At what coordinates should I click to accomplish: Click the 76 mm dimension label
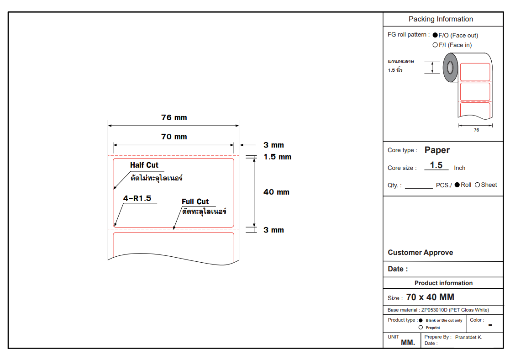(174, 117)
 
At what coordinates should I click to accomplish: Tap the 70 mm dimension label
(174, 137)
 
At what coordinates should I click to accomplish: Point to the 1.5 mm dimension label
(277, 157)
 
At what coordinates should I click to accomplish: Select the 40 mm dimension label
(276, 192)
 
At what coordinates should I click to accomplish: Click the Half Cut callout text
(144, 165)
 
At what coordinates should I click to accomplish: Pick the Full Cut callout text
(195, 201)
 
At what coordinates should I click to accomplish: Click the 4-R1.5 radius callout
(137, 198)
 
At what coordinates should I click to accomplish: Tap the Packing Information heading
(441, 19)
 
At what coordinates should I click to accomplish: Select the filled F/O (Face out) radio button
(435, 35)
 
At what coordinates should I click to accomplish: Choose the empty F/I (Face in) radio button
(435, 45)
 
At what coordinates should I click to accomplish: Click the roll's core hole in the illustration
(450, 68)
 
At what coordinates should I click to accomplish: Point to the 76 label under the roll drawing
(476, 130)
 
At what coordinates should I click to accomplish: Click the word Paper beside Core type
(437, 150)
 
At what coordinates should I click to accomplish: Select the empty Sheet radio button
(478, 185)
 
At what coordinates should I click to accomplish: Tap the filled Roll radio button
(457, 185)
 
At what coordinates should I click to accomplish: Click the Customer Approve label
(421, 253)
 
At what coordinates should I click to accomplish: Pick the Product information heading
(443, 283)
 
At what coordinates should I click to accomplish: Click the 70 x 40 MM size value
(430, 297)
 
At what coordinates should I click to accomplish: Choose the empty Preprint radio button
(421, 327)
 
